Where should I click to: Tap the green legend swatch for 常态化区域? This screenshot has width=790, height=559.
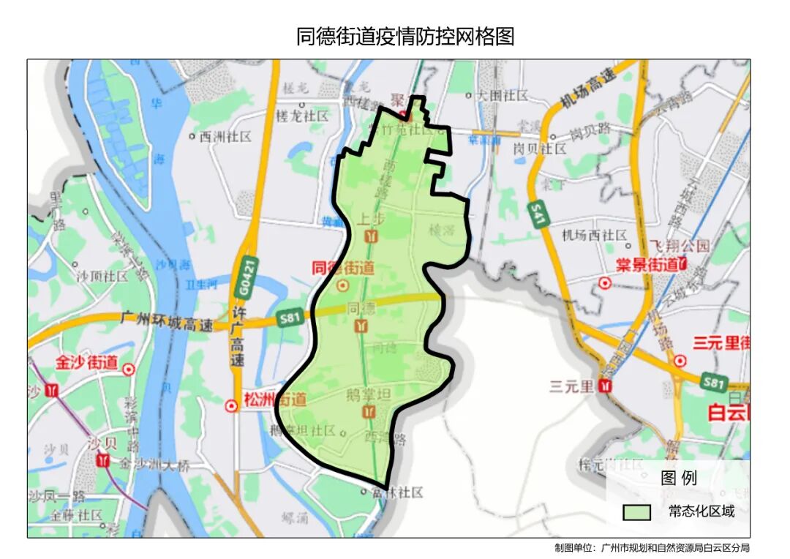coord(636,511)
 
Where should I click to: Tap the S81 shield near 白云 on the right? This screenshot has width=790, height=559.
coord(713,381)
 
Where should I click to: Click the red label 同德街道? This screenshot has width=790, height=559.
coord(343,268)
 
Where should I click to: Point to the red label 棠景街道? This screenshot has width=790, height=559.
coord(647,264)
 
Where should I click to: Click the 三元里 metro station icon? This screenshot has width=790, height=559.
coord(605,386)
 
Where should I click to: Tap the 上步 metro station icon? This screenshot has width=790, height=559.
coord(372,236)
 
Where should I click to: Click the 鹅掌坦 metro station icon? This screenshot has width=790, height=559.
coord(369,413)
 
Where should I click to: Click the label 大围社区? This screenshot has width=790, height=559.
coord(502,95)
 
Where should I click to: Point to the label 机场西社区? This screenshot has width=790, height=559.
coord(594,235)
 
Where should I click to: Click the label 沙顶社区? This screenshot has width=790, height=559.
coord(102,277)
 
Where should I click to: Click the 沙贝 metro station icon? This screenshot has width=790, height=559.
coord(103,460)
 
